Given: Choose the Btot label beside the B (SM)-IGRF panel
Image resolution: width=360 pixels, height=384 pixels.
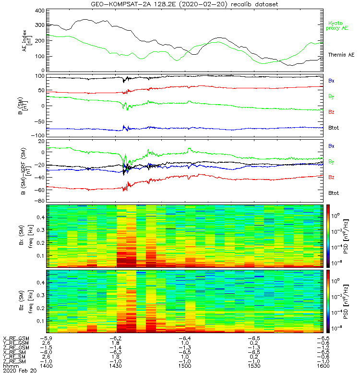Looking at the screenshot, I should pos(334,192).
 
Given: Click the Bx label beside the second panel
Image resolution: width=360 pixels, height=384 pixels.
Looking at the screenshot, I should pos(331,81).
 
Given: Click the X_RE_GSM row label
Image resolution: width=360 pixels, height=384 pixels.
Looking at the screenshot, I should pos(16,338).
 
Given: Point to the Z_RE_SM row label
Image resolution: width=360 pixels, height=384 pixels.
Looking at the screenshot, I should pos(16,361).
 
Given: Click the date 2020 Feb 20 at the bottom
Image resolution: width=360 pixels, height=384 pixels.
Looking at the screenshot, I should pos(16,371).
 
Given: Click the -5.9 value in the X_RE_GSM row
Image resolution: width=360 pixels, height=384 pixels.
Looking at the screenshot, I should pos(47,338).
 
